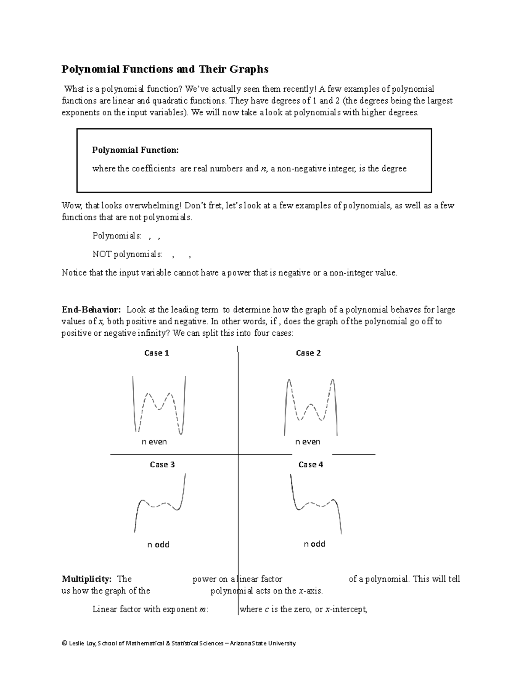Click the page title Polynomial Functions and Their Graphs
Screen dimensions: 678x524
click(165, 69)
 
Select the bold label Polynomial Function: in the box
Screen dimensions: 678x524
click(135, 150)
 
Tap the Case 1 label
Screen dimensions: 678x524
click(156, 353)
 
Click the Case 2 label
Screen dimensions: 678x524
click(308, 353)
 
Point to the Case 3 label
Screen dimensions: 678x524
click(162, 465)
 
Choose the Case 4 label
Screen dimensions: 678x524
click(310, 465)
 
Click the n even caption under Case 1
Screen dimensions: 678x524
click(155, 442)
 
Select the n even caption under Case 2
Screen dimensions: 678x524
click(307, 442)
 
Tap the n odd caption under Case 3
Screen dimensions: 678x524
click(158, 544)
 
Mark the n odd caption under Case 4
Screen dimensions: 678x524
click(314, 544)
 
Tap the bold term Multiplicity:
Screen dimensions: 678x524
click(86, 579)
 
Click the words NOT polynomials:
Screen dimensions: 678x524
click(127, 254)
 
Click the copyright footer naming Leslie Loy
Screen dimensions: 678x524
click(179, 643)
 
